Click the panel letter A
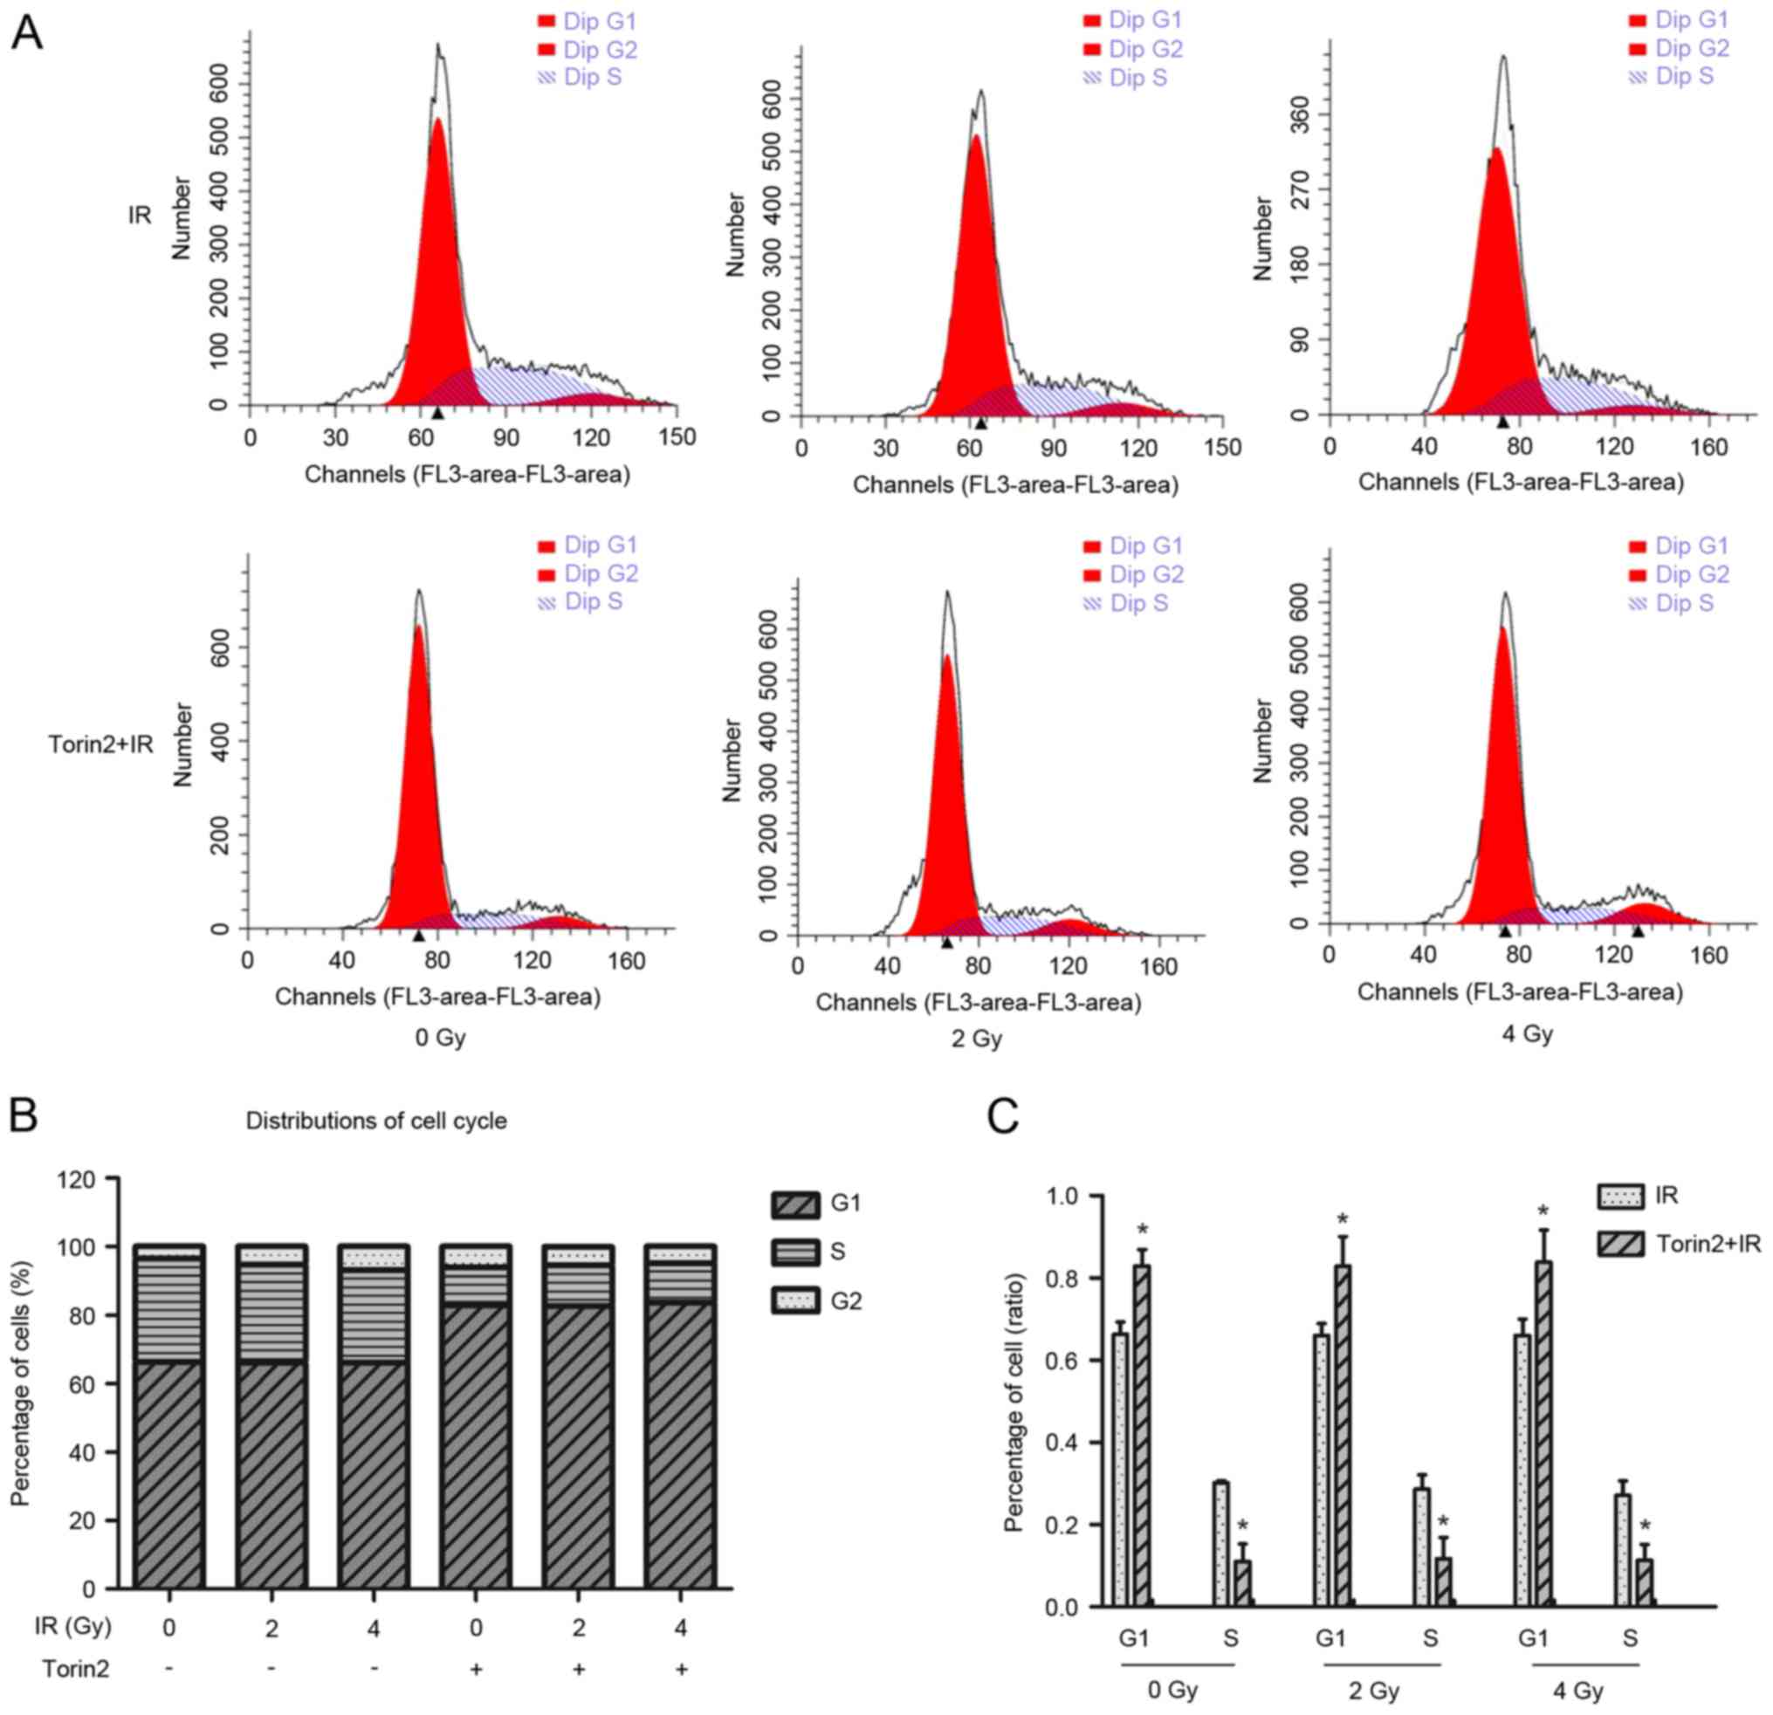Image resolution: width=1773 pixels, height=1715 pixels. pos(27,36)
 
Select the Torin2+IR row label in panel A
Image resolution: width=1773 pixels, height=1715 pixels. pos(101,744)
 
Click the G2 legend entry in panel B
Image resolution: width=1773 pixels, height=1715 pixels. pos(846,1300)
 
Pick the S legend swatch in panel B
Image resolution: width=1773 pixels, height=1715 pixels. pos(795,1252)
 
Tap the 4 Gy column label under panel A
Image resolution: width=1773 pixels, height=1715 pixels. pos(1528,1033)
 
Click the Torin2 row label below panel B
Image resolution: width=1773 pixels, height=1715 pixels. pos(76,1668)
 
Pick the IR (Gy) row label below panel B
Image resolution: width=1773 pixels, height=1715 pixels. pos(76,1626)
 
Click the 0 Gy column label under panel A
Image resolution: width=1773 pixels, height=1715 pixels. pos(441,1037)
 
